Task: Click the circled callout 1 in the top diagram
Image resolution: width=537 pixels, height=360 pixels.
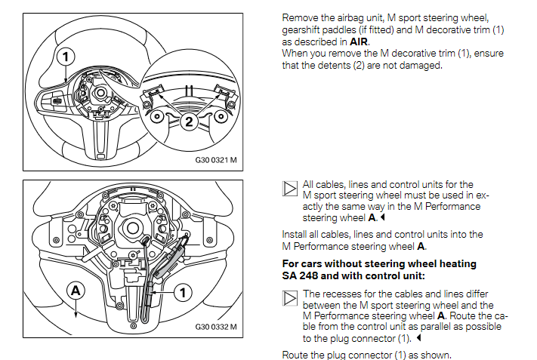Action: tap(66, 57)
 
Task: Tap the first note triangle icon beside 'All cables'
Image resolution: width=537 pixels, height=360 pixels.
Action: tap(290, 189)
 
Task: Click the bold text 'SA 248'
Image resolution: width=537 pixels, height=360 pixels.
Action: tap(300, 275)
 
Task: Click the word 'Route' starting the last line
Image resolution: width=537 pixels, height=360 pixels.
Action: tap(295, 355)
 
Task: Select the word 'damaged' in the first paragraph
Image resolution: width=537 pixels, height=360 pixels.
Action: tap(444, 65)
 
